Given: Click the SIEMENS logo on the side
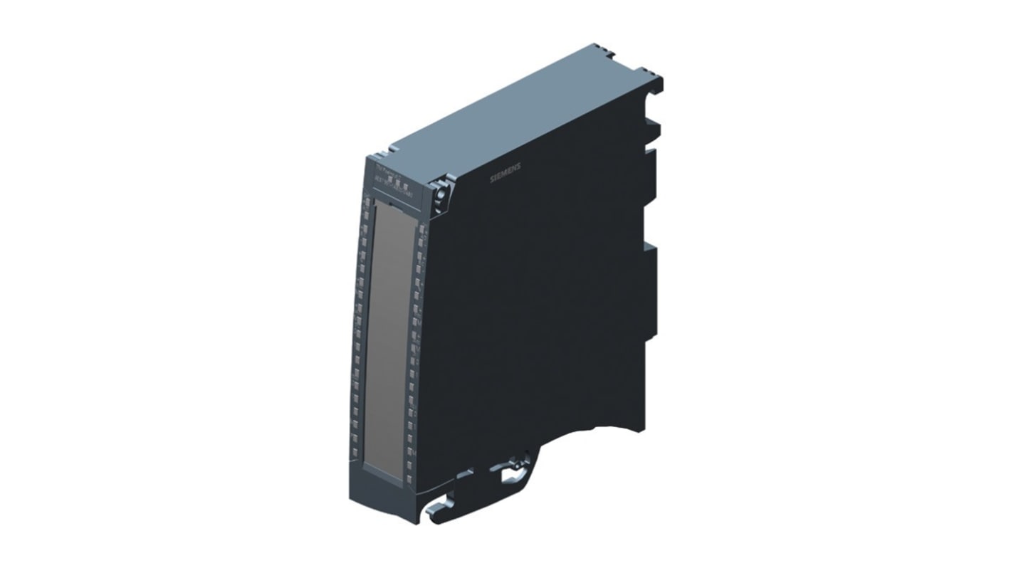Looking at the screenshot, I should (x=506, y=173).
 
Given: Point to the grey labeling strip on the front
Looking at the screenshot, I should (x=389, y=335).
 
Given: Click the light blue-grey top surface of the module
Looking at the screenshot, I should (x=513, y=114).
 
